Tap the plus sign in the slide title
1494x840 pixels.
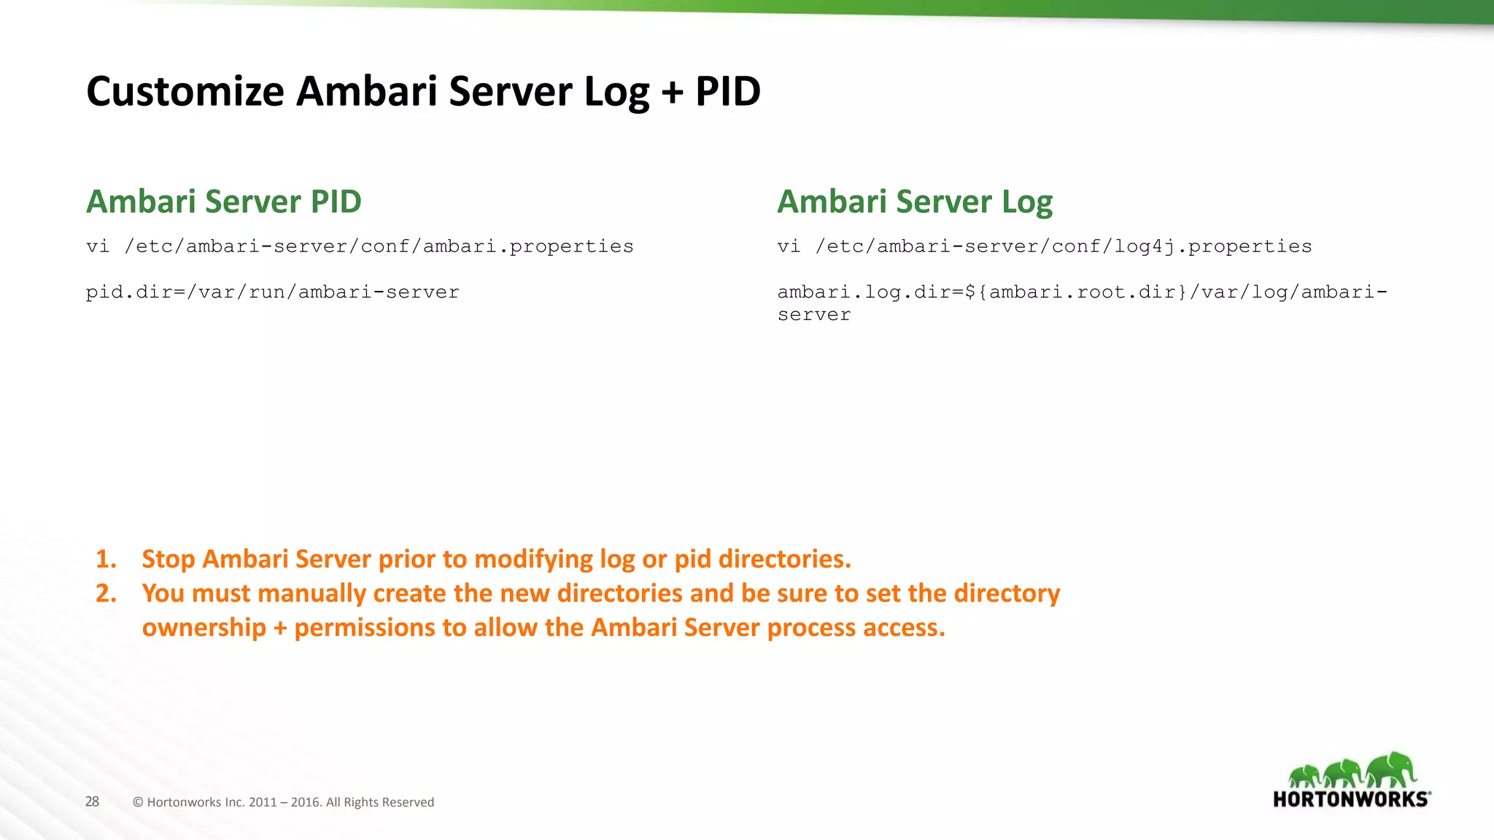[671, 93]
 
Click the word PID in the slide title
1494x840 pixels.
[727, 92]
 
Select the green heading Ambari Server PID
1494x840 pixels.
[224, 202]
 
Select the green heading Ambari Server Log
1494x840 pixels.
[915, 202]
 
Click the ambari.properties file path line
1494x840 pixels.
[360, 246]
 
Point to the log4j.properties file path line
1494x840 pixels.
[1044, 246]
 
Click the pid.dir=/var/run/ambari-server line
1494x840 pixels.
[272, 292]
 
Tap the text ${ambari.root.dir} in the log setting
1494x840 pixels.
[1076, 292]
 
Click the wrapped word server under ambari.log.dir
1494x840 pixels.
[813, 315]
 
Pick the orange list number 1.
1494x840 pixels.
[106, 559]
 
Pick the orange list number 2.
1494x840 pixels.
[106, 594]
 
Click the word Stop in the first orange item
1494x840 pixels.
[168, 559]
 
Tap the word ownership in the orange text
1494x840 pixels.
[204, 628]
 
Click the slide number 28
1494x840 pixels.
[92, 801]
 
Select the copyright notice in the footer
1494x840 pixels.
[283, 802]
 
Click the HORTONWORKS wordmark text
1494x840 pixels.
[1350, 799]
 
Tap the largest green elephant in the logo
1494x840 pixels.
[1392, 769]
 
